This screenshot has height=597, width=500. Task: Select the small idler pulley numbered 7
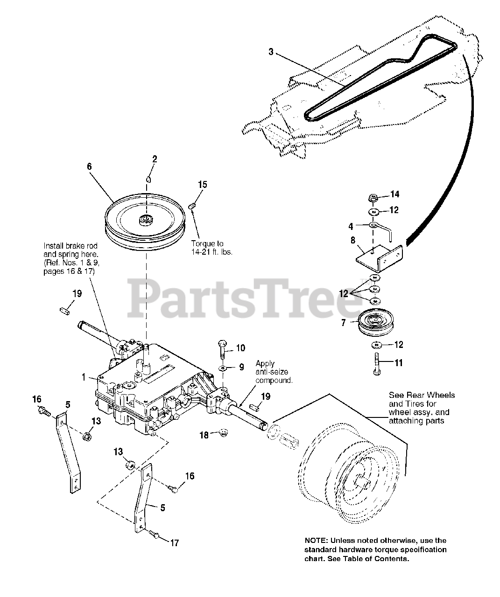pyautogui.click(x=373, y=322)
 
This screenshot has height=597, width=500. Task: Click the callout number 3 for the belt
pyautogui.click(x=271, y=52)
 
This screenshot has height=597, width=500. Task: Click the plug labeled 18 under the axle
pyautogui.click(x=223, y=434)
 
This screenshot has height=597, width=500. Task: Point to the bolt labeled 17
pyautogui.click(x=155, y=536)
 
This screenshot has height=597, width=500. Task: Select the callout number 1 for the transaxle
pyautogui.click(x=85, y=377)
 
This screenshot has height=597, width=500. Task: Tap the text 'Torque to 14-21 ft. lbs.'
pyautogui.click(x=211, y=247)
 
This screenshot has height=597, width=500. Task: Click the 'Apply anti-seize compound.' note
pyautogui.click(x=274, y=372)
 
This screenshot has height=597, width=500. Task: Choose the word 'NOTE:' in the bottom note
pyautogui.click(x=317, y=540)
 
